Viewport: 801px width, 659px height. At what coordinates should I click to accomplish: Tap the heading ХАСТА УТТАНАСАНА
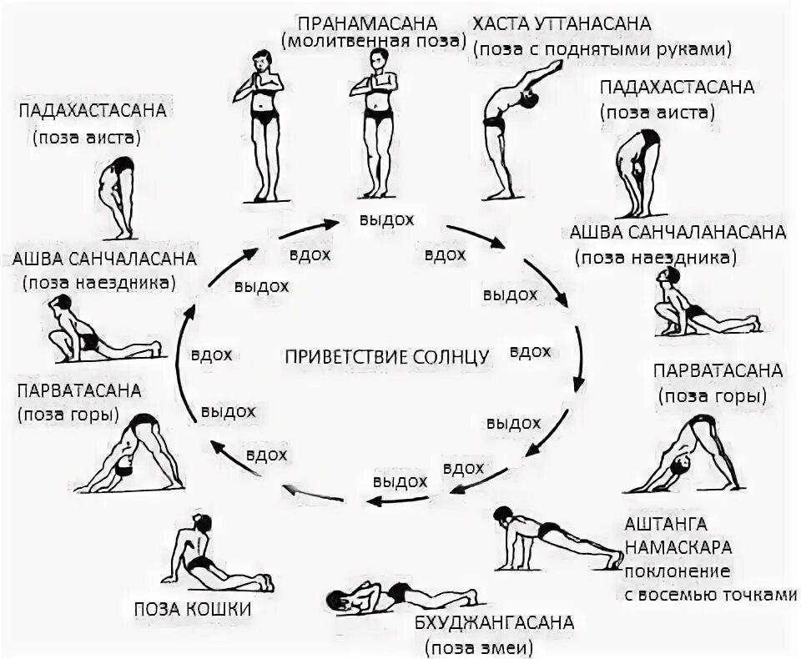pos(562,24)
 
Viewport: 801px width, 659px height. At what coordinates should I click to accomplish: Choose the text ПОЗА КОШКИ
pos(193,609)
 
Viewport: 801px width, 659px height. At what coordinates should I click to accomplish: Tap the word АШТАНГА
pos(666,525)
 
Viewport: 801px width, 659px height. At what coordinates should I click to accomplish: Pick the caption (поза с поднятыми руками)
pos(602,48)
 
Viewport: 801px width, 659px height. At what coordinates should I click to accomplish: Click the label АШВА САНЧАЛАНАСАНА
pos(678,232)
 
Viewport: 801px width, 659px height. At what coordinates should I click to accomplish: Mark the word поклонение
pos(678,571)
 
